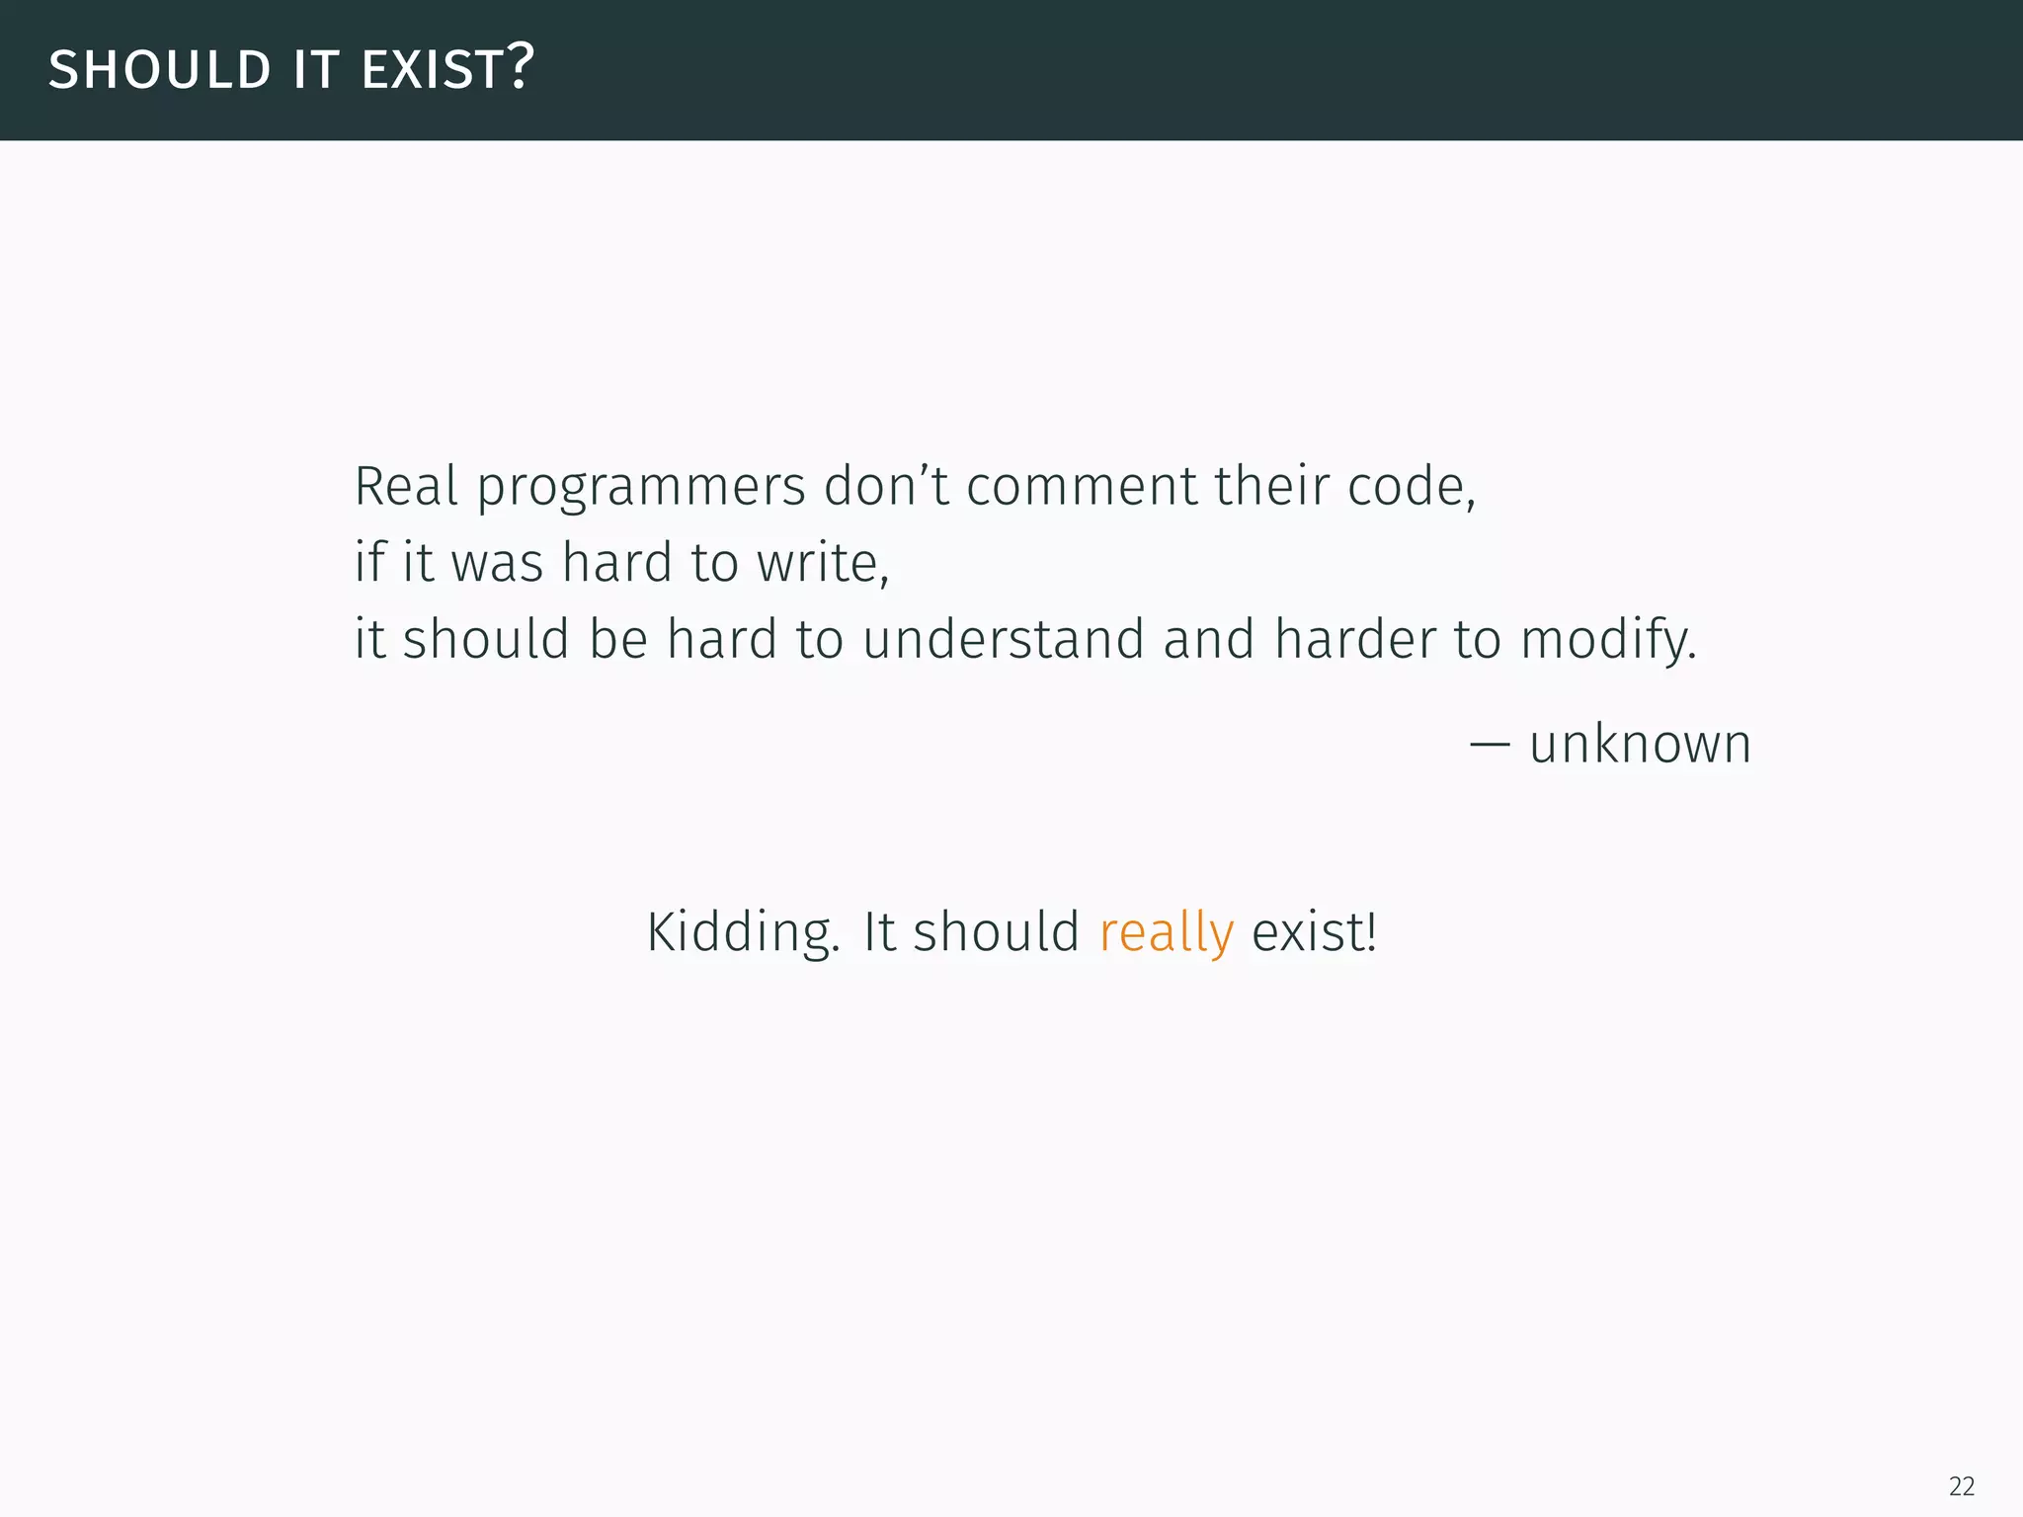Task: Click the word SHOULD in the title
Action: (159, 70)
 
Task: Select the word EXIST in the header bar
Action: (433, 70)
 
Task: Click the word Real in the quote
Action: (406, 486)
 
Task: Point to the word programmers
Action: (641, 488)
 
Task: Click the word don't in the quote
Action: (886, 486)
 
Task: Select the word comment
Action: (1082, 486)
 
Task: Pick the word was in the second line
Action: (497, 563)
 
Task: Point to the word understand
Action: (1003, 639)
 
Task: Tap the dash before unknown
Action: (1489, 744)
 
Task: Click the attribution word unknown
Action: (1640, 744)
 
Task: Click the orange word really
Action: (1166, 932)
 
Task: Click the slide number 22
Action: (1962, 1485)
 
